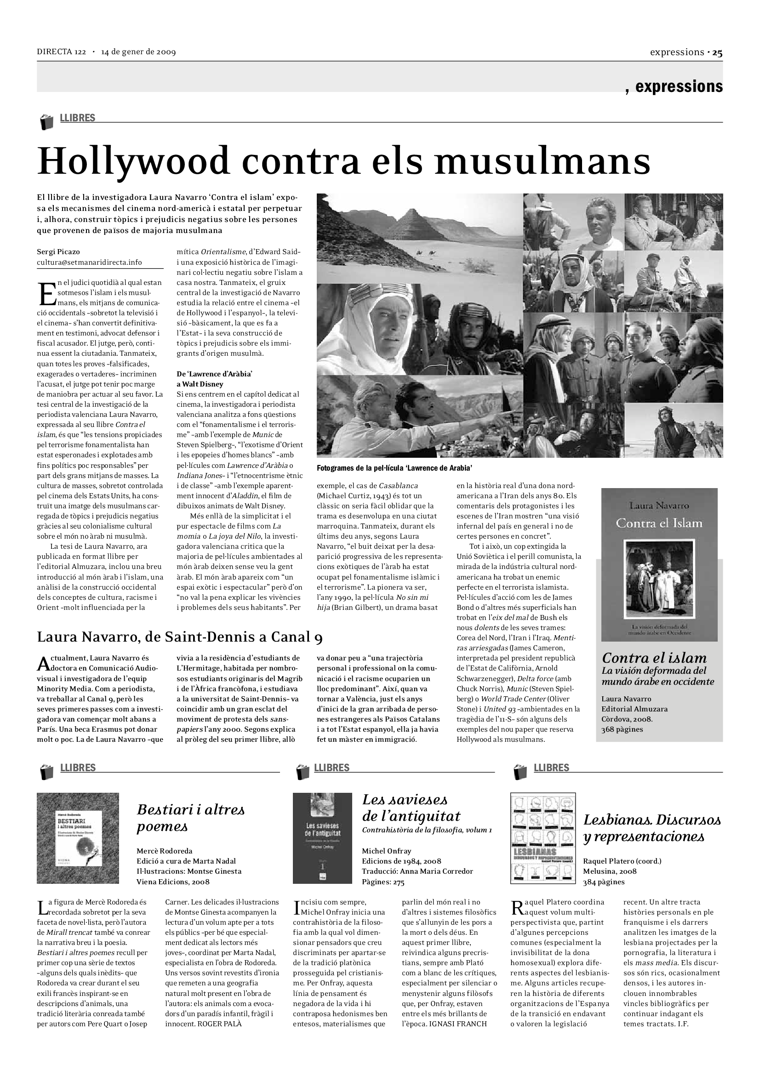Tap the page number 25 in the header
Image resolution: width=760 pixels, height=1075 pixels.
[x=717, y=52]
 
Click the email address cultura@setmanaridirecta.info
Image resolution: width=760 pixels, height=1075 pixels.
[x=90, y=262]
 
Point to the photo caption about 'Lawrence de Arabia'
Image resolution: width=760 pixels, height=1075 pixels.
[x=394, y=468]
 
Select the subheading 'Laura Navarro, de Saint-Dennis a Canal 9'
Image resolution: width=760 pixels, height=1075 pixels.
[x=180, y=637]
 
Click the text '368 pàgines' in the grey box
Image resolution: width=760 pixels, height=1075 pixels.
[x=623, y=729]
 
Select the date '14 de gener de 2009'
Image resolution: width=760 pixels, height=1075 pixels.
[x=138, y=52]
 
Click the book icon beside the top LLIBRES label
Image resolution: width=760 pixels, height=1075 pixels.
[x=46, y=122]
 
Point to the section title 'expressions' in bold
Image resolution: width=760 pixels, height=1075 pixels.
[x=679, y=86]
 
